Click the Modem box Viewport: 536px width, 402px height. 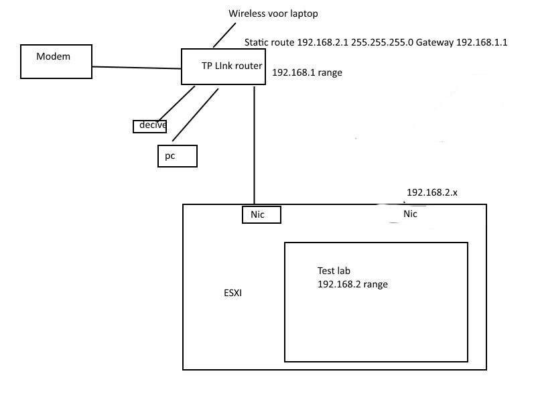[x=56, y=62]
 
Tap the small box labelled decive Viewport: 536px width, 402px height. [x=149, y=125]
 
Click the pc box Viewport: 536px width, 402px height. [x=178, y=155]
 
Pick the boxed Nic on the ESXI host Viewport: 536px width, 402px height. [x=261, y=214]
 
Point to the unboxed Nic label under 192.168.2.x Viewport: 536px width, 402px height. [x=410, y=214]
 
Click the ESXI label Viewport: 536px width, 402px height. [x=232, y=293]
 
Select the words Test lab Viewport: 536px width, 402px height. [x=334, y=271]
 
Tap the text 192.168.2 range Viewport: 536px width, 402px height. [x=352, y=284]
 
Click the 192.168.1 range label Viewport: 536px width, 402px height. [x=307, y=72]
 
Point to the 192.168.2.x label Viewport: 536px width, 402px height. [x=431, y=192]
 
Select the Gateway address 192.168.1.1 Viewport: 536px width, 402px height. [x=482, y=42]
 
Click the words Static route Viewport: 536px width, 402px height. [x=269, y=42]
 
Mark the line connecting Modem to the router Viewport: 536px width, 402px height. [x=137, y=67]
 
